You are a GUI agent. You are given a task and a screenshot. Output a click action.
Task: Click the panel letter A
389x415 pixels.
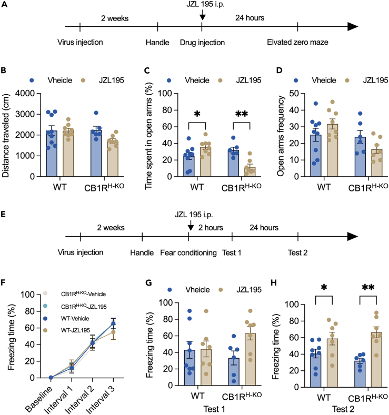point(5,5)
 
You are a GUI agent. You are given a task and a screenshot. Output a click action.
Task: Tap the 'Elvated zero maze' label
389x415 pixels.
point(298,43)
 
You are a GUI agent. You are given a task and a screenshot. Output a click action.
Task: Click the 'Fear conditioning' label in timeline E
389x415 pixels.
point(188,253)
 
